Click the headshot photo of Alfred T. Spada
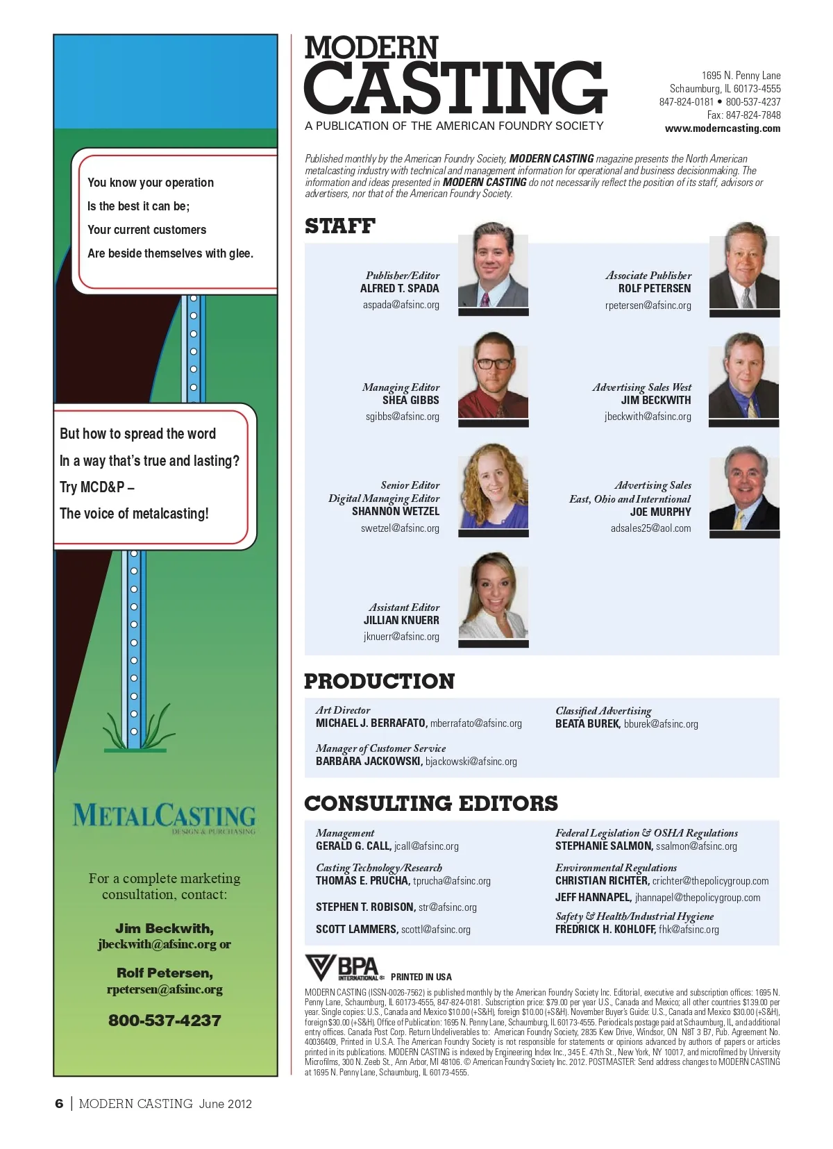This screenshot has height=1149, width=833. pyautogui.click(x=493, y=267)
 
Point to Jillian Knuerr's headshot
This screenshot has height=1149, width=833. pyautogui.click(x=493, y=598)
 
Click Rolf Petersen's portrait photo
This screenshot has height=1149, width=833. pyautogui.click(x=744, y=267)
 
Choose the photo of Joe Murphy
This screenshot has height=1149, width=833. pyautogui.click(x=744, y=490)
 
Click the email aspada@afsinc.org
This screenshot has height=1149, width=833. pyautogui.click(x=401, y=305)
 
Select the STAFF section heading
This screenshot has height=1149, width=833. pyautogui.click(x=339, y=226)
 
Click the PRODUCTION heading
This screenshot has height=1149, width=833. pyautogui.click(x=379, y=681)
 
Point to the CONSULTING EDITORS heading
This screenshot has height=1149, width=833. pyautogui.click(x=430, y=803)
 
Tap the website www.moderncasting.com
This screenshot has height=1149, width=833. pyautogui.click(x=722, y=128)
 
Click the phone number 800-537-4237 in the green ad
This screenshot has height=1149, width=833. pyautogui.click(x=165, y=1021)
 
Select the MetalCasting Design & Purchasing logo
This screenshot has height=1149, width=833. pyautogui.click(x=165, y=817)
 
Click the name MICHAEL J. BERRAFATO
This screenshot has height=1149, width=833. pyautogui.click(x=371, y=723)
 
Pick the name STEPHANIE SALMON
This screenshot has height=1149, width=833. pyautogui.click(x=603, y=846)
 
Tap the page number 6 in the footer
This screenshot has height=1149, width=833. pyautogui.click(x=59, y=1104)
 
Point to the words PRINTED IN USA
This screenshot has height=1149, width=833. pyautogui.click(x=421, y=977)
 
